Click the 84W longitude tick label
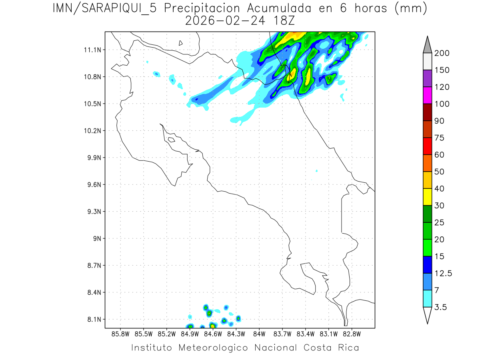(x=259, y=334)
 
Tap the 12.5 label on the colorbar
(x=444, y=273)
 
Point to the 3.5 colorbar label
(x=441, y=307)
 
